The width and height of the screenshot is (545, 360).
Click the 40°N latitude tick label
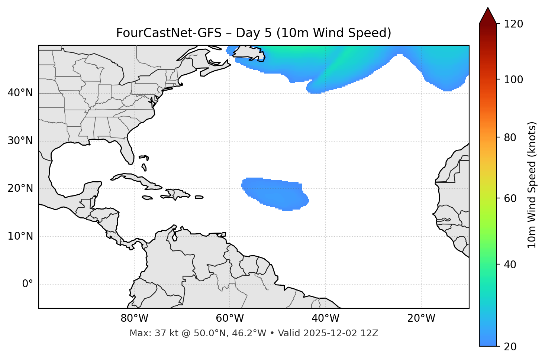pos(20,93)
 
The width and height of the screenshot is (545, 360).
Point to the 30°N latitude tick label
pos(20,141)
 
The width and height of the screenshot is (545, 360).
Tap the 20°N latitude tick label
pos(20,188)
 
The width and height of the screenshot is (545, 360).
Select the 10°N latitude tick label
pos(20,236)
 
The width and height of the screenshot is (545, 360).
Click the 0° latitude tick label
pos(28,284)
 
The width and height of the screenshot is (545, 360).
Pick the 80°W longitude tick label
pos(134,318)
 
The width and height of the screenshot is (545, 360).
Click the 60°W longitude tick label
pos(230,318)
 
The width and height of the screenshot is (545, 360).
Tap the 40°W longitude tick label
pos(325,318)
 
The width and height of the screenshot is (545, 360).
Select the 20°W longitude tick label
pos(421,318)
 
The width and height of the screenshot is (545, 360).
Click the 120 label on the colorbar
pos(513,24)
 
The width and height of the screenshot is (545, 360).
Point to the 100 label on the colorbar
pos(513,80)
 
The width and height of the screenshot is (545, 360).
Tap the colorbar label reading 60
pos(511,198)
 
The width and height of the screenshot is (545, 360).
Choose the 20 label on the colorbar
pos(511,347)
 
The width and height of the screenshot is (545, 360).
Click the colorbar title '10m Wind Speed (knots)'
pos(532,185)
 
